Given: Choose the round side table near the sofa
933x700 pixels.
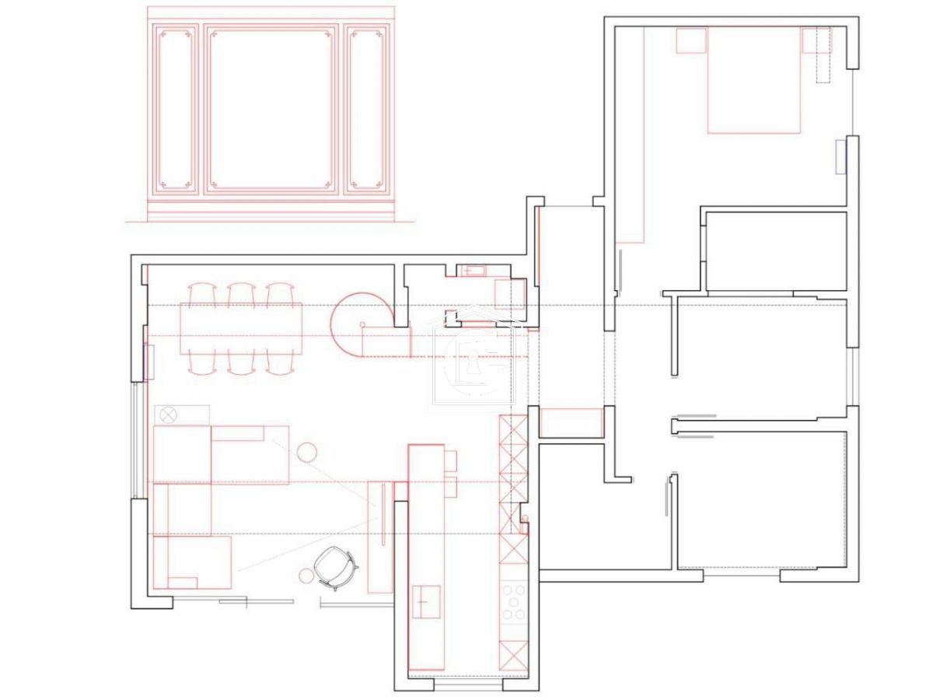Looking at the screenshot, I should coord(308,450).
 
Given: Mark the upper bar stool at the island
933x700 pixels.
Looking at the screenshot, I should coord(450,460).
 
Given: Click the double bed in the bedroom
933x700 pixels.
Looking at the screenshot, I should coord(753,80).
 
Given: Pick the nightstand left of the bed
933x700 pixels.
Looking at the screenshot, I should coord(690,40).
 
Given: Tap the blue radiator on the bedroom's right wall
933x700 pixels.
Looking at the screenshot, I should coord(840,156).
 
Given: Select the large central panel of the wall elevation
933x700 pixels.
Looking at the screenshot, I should coord(271,109).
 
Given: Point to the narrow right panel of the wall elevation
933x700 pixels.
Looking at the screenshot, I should coord(368,109).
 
